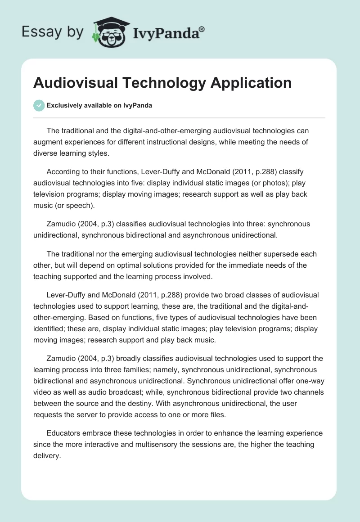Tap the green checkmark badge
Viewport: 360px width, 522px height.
(39, 105)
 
